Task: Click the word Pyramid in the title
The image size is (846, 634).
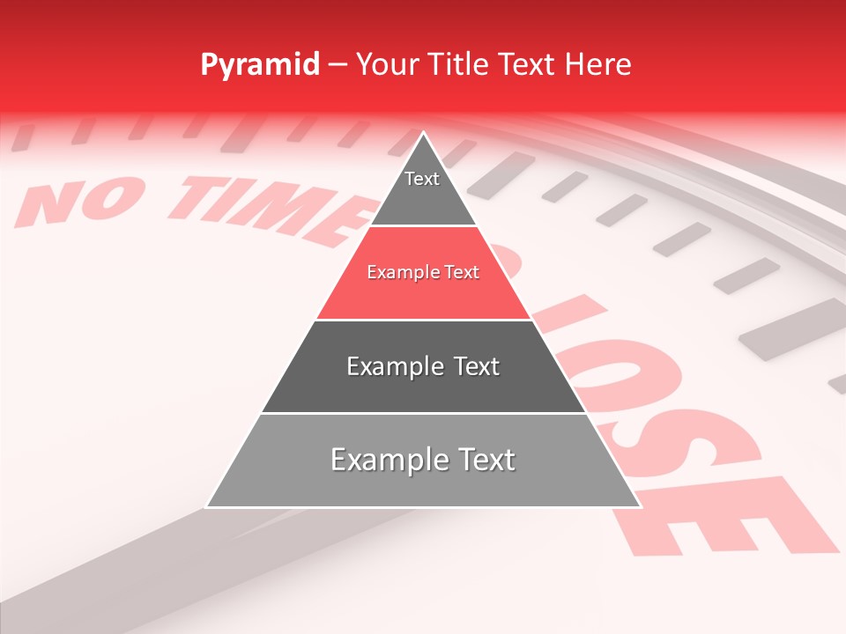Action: [x=260, y=65]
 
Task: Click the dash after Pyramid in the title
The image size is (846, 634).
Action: [x=338, y=65]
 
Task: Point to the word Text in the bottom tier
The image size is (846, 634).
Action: [x=479, y=460]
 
